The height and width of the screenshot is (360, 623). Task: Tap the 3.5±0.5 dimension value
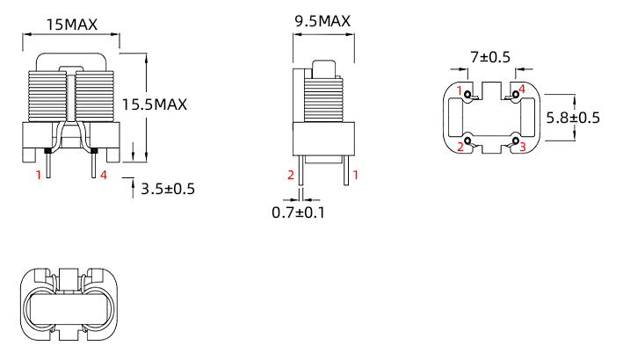(168, 189)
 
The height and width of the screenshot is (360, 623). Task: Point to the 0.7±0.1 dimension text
(299, 212)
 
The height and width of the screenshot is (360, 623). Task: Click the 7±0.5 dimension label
(490, 57)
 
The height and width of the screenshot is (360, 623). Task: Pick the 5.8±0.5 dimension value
(572, 118)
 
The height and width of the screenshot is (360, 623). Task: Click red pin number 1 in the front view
(38, 176)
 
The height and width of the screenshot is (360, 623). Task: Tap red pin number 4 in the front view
(104, 176)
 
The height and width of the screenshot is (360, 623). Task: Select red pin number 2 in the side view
(291, 176)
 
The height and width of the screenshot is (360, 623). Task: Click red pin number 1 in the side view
(356, 176)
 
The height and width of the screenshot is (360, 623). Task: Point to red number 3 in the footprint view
(523, 147)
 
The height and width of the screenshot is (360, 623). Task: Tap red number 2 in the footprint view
(460, 147)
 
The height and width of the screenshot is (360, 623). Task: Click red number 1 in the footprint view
(460, 90)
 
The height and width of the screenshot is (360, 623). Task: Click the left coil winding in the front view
(47, 96)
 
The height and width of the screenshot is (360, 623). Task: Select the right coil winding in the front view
(95, 96)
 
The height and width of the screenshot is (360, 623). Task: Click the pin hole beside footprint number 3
(514, 140)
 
